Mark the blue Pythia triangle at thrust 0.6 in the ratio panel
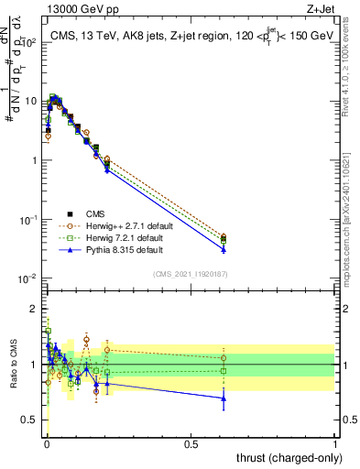point(224,398)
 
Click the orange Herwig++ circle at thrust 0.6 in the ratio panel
point(224,358)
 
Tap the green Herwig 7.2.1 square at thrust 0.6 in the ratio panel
point(224,371)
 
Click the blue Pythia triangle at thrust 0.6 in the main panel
point(224,249)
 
